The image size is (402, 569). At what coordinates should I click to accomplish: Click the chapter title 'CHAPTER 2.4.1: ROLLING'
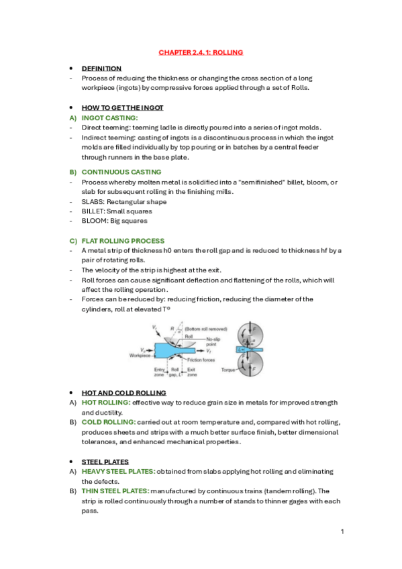(201, 52)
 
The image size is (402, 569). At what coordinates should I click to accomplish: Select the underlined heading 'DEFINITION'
(101, 68)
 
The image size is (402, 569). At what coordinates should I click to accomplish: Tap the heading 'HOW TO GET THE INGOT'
(122, 107)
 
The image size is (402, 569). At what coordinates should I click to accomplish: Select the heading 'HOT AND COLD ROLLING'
(123, 393)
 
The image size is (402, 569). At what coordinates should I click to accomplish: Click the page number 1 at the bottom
(342, 531)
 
